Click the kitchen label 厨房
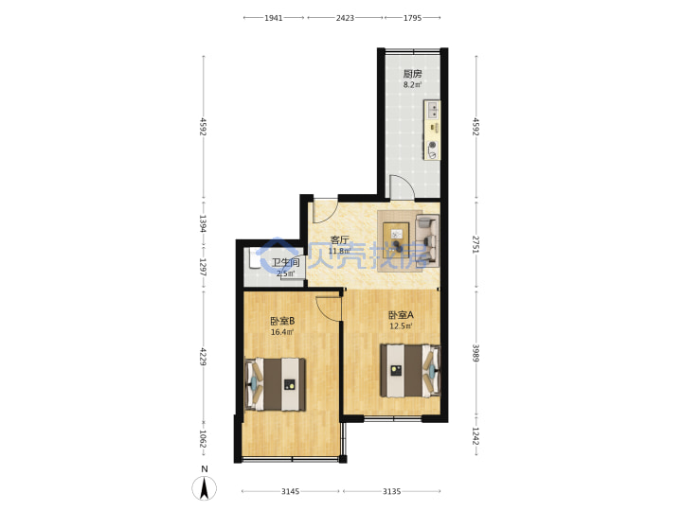[x=412, y=74]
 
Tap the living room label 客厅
[x=340, y=240]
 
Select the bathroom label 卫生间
[x=286, y=262]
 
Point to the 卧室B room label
[x=282, y=321]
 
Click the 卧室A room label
[x=401, y=315]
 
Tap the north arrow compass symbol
[x=204, y=487]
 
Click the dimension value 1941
[x=274, y=18]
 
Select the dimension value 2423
[x=345, y=18]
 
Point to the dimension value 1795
[x=412, y=18]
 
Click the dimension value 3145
[x=290, y=491]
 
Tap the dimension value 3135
[x=392, y=491]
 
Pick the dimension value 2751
[x=476, y=245]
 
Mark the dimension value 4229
[x=203, y=356]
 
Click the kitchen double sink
[x=432, y=110]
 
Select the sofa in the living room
[x=427, y=239]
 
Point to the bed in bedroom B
[x=276, y=384]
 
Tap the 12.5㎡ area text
[x=401, y=326]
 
